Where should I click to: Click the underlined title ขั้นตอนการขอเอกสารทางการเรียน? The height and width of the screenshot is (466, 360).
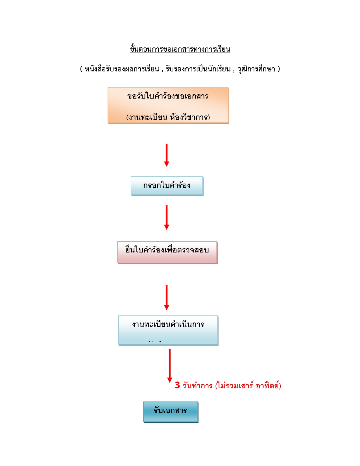click(x=180, y=49)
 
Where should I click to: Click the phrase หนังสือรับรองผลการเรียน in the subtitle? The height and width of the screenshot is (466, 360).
click(x=122, y=69)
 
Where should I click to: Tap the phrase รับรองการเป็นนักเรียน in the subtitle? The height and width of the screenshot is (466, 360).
click(x=198, y=69)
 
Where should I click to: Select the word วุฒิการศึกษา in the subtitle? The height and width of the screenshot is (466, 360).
click(x=256, y=69)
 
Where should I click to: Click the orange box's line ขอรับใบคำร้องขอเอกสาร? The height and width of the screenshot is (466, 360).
click(x=168, y=96)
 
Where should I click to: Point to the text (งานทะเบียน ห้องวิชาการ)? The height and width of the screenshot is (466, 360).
click(x=168, y=117)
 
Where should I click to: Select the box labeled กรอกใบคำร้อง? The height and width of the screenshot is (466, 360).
click(x=167, y=186)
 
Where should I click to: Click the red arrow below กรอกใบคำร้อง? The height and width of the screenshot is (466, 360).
click(x=167, y=217)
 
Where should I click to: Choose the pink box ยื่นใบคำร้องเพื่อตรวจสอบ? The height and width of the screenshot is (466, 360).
click(x=167, y=252)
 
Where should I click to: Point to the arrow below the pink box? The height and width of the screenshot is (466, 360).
click(x=167, y=297)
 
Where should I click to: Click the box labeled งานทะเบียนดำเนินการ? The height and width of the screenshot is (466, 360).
click(x=168, y=330)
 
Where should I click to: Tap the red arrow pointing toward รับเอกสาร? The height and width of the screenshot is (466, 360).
click(x=170, y=365)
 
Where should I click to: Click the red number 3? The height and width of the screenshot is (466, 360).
click(x=177, y=385)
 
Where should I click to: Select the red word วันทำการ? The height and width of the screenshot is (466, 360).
click(x=197, y=386)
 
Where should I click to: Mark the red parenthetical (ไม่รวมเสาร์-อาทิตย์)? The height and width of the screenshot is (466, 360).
click(x=248, y=386)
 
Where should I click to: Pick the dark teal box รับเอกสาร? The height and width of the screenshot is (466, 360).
click(x=171, y=411)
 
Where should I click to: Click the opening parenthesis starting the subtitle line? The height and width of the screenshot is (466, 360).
click(x=81, y=69)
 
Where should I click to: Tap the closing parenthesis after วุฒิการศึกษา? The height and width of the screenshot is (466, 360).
click(x=279, y=69)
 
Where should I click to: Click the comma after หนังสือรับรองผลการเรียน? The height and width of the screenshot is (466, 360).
click(x=162, y=70)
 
